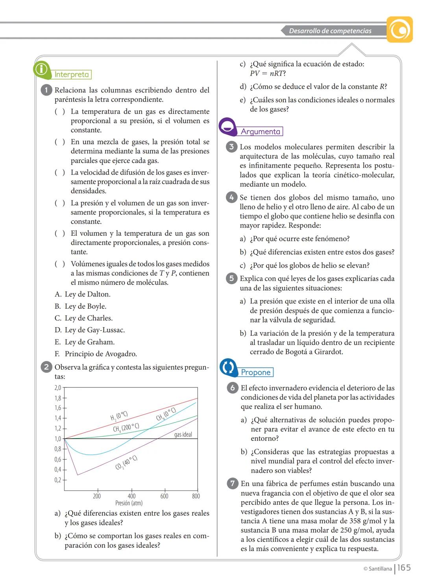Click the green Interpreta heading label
tap(72, 74)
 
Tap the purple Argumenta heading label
tap(261, 131)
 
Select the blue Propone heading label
tap(256, 372)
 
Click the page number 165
tap(404, 568)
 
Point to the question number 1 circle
tap(46, 90)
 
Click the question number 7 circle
tap(233, 483)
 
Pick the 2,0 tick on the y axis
tap(58, 388)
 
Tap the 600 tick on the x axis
tap(164, 496)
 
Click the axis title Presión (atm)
tap(129, 503)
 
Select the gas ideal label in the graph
tap(183, 435)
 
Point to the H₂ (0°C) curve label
tap(119, 416)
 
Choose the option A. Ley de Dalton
tap(82, 294)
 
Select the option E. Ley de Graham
tap(85, 342)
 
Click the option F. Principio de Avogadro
tap(96, 354)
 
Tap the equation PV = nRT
tap(268, 74)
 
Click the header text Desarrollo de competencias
tap(330, 31)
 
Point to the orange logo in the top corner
tap(399, 30)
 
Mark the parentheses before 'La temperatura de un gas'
tap(60, 111)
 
